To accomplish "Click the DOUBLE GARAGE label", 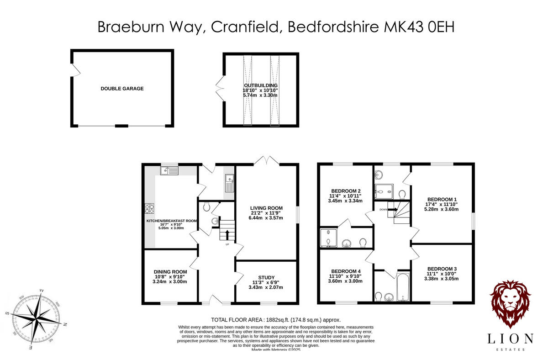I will [x=122, y=89].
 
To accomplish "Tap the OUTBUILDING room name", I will [x=260, y=85].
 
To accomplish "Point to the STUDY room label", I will [x=266, y=277].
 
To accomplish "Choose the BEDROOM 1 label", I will [x=442, y=199].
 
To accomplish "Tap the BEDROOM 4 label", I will [x=346, y=270].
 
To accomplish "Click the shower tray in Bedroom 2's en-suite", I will [x=327, y=238].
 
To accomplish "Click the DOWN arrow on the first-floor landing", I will [x=389, y=209].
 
